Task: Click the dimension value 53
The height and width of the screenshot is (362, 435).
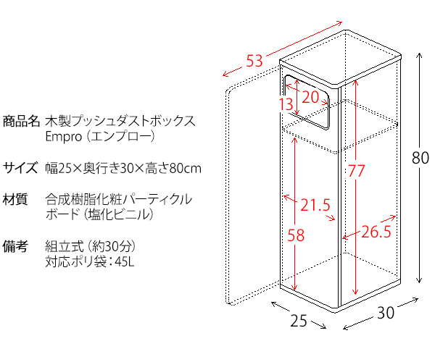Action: [x=254, y=62]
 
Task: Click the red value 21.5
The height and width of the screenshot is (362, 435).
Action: [x=315, y=206]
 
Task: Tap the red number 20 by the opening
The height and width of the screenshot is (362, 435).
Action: [x=310, y=97]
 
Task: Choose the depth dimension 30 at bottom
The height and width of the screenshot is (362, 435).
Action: [x=386, y=313]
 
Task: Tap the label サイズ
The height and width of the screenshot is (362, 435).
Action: [x=20, y=168]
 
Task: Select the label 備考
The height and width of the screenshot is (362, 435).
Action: [x=15, y=246]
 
